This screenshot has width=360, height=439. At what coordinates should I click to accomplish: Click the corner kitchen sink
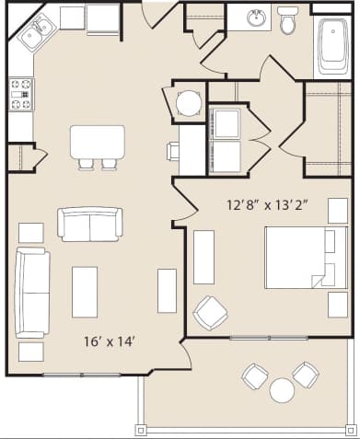pos(35,35)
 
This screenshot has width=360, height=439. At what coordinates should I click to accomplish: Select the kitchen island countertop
pos(97,141)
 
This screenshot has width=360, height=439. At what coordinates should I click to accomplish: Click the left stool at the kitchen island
pos(86,164)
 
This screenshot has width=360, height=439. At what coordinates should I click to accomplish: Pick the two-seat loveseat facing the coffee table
pos(89,223)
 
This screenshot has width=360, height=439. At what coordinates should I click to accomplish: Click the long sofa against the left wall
pos(31,293)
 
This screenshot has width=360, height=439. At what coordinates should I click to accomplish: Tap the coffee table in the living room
pos(85,291)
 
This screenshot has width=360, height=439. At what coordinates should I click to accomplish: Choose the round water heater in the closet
pos(188,102)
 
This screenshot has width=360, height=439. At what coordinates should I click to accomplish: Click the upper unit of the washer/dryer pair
pos(225,122)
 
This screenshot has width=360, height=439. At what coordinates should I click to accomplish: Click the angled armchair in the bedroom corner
pos(210,313)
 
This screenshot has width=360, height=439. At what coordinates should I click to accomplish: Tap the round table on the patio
pos(282,390)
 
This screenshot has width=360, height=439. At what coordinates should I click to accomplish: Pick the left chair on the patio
pos(254,375)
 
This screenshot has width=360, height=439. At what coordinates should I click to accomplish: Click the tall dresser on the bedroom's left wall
pos(203,257)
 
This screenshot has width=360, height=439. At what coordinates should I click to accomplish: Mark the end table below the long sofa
pos(31,351)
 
